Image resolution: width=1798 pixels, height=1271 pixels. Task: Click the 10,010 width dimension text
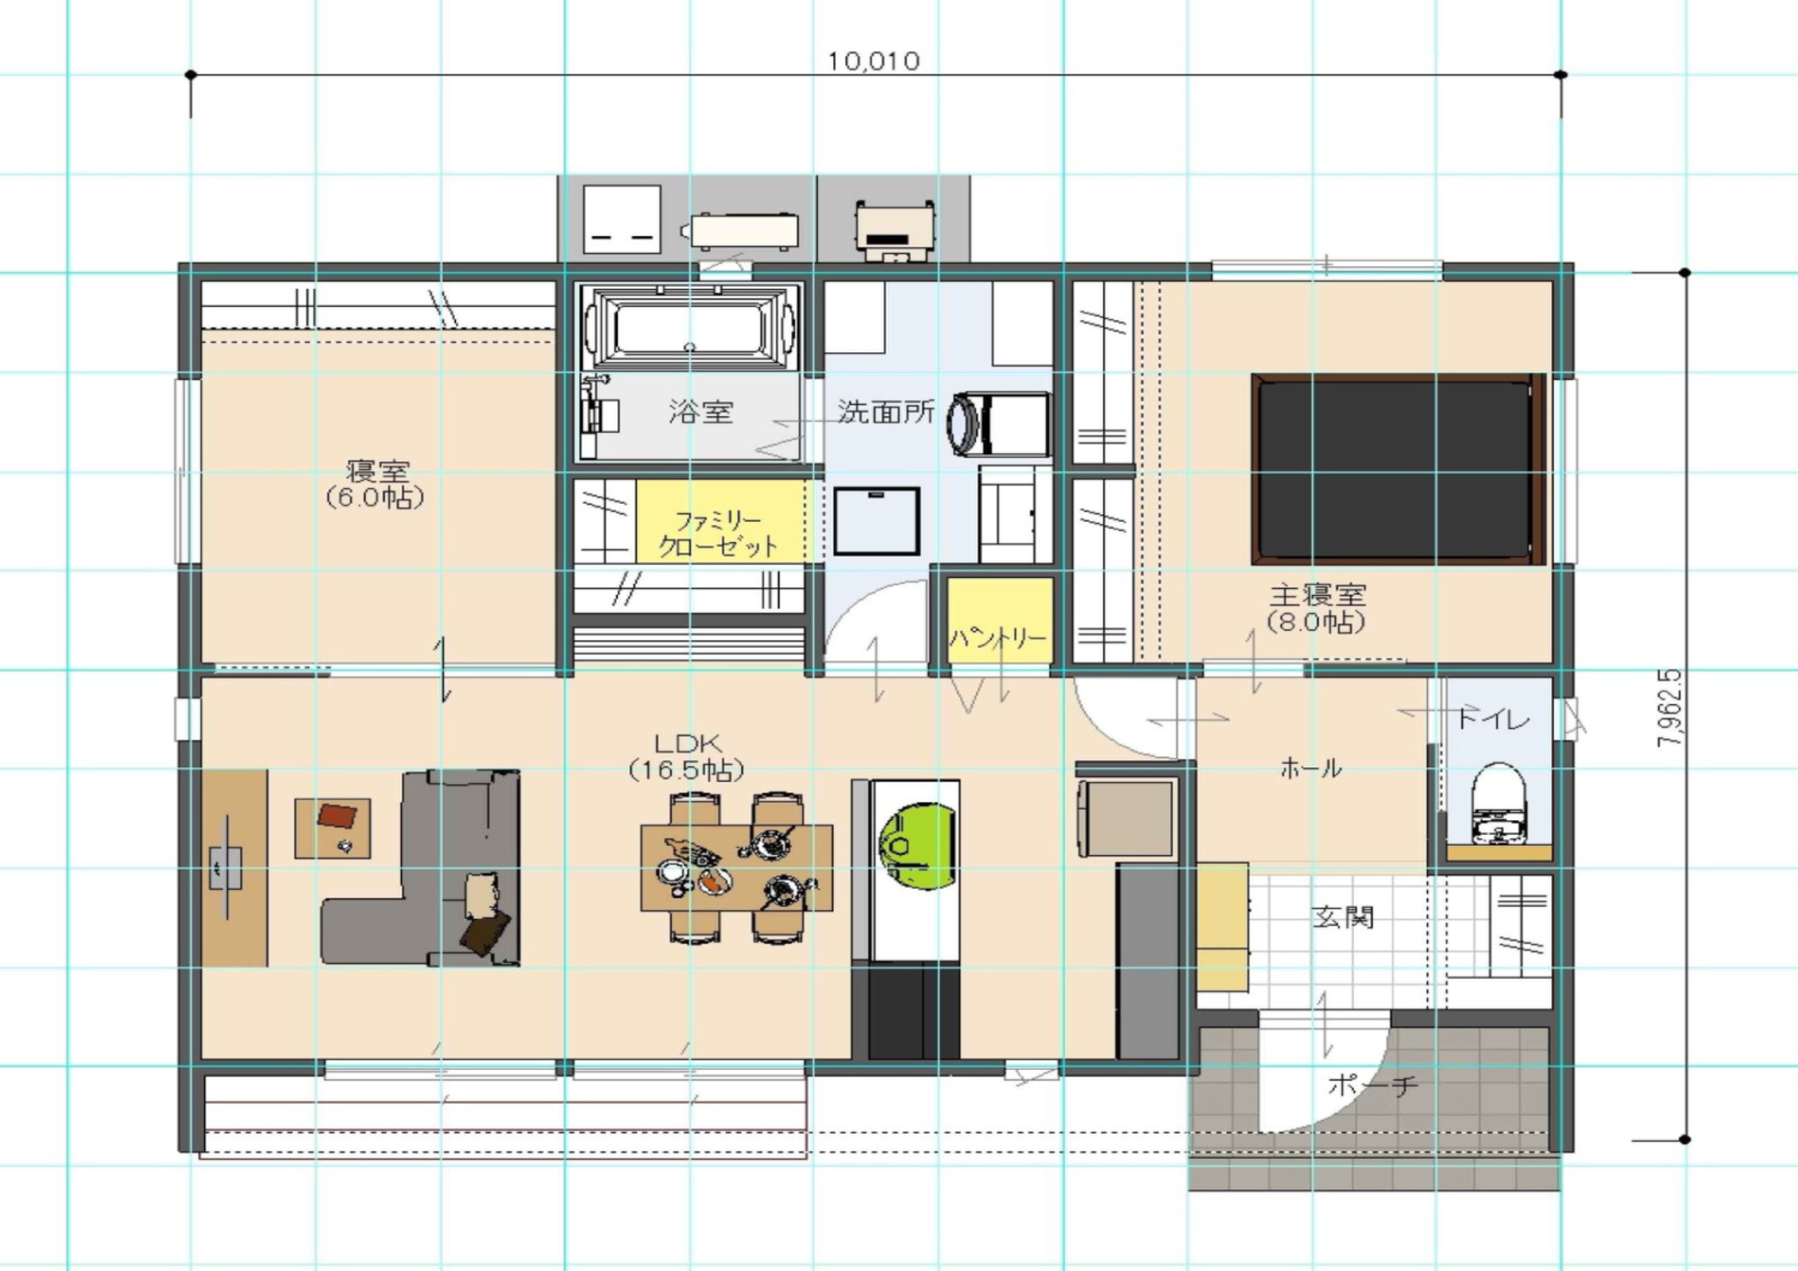click(x=873, y=62)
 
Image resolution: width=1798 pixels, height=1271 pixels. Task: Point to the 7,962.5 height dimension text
click(x=1669, y=708)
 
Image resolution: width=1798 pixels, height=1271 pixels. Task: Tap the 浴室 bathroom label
click(x=701, y=412)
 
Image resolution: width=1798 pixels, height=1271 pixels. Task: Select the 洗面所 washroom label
click(x=886, y=412)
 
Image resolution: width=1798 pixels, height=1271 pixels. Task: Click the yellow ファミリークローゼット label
click(x=718, y=533)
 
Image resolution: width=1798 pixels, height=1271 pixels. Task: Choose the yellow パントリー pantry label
click(x=998, y=638)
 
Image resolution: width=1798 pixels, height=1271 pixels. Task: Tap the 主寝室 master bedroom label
click(x=1317, y=595)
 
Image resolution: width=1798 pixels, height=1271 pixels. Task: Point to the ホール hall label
click(x=1311, y=769)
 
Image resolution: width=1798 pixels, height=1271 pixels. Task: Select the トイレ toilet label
click(x=1493, y=718)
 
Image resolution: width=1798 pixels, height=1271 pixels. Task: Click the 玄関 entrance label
click(x=1343, y=917)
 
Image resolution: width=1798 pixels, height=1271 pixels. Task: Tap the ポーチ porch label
click(x=1373, y=1086)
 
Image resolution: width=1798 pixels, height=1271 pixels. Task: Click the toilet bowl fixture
click(x=1498, y=802)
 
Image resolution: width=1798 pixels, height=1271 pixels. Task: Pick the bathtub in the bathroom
click(x=690, y=328)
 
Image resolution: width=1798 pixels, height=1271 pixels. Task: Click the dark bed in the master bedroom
click(x=1398, y=469)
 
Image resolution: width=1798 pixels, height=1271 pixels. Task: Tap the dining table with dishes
click(x=736, y=868)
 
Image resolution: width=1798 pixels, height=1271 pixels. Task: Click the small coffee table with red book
click(x=332, y=828)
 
